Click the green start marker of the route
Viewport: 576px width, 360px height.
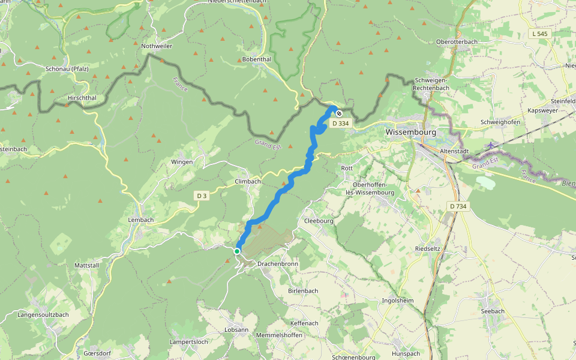click(x=237, y=251)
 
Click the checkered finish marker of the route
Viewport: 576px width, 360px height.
click(x=339, y=113)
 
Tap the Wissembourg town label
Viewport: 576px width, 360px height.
click(x=411, y=131)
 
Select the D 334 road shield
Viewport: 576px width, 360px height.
click(x=340, y=124)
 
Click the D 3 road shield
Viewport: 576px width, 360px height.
click(x=202, y=196)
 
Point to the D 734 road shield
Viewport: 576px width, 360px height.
click(x=458, y=206)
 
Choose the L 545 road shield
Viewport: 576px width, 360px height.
click(x=540, y=34)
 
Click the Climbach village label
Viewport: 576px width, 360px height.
click(x=248, y=181)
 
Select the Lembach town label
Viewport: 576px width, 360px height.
click(x=141, y=220)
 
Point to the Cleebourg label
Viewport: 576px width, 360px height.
click(x=319, y=220)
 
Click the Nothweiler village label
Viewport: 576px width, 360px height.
click(x=157, y=46)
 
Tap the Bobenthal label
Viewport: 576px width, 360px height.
click(x=257, y=59)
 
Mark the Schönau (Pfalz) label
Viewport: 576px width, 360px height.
click(x=67, y=68)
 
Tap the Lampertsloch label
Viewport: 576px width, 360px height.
click(x=189, y=341)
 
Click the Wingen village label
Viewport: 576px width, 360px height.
click(x=182, y=162)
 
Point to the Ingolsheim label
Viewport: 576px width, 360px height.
click(x=398, y=301)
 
